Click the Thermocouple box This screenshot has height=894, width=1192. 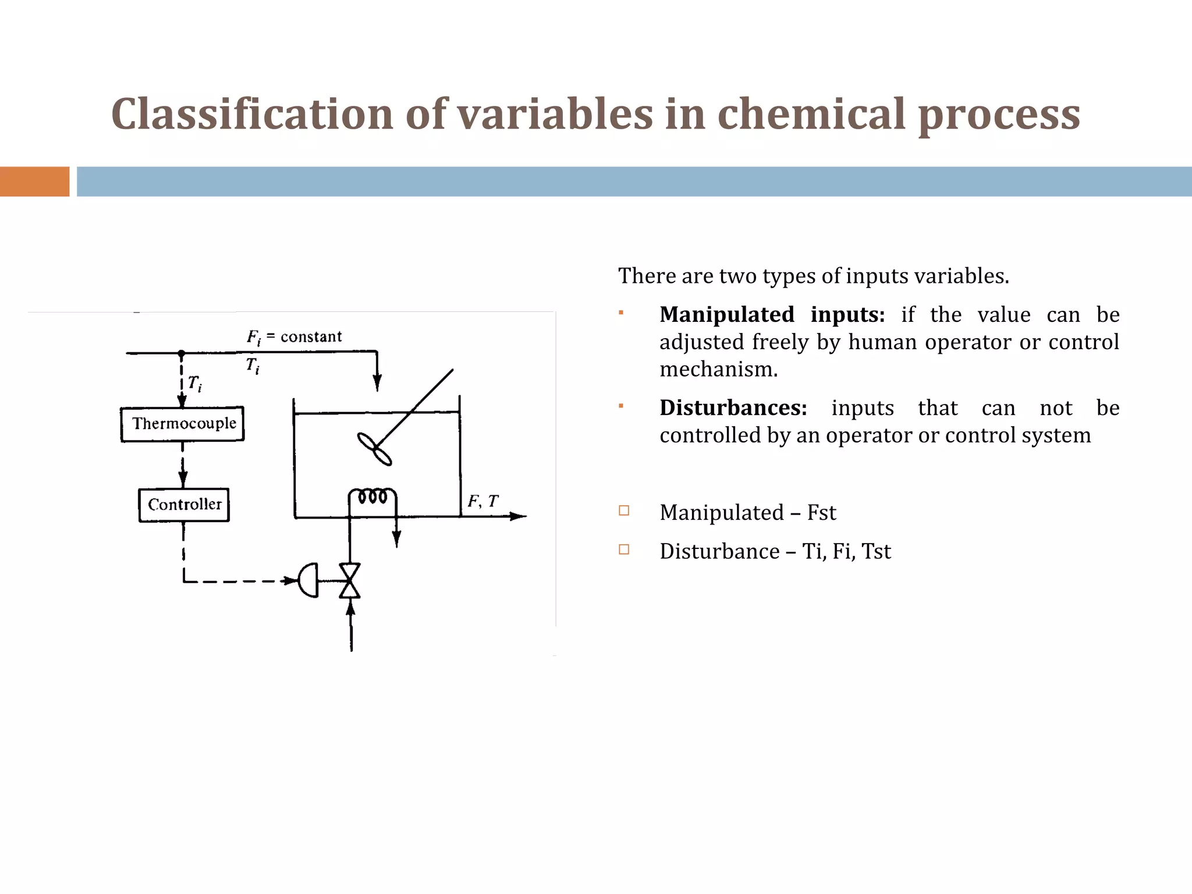pyautogui.click(x=182, y=424)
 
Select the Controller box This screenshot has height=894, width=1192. pyautogui.click(x=184, y=505)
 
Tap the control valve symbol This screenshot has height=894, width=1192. pyautogui.click(x=350, y=581)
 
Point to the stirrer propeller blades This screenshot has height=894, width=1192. pyautogui.click(x=374, y=449)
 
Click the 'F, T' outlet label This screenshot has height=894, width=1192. pyautogui.click(x=483, y=501)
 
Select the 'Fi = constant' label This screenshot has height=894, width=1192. pyautogui.click(x=294, y=337)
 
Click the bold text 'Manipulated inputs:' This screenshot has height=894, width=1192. pyautogui.click(x=772, y=315)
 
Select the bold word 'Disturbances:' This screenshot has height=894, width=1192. pyautogui.click(x=733, y=408)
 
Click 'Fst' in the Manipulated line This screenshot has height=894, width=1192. pyautogui.click(x=821, y=513)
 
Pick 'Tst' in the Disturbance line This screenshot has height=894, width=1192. pyautogui.click(x=876, y=551)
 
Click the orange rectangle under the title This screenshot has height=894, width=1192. pyautogui.click(x=34, y=182)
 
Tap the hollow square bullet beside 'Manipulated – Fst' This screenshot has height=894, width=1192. pyautogui.click(x=624, y=511)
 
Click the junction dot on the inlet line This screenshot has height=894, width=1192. pyautogui.click(x=181, y=353)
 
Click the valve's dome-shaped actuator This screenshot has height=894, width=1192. pyautogui.click(x=309, y=580)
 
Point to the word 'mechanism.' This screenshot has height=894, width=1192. pyautogui.click(x=718, y=370)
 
